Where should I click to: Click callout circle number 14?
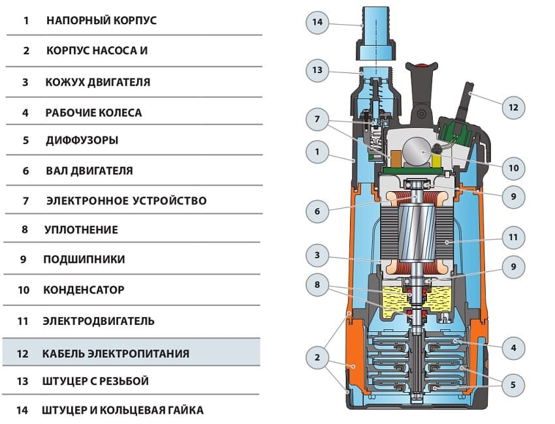coord(317,22)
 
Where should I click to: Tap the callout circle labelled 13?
coord(317,70)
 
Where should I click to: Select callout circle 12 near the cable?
coord(513,107)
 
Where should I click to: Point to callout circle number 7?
coord(317,119)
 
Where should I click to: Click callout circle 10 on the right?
coord(513,168)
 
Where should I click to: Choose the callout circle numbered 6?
coord(317,211)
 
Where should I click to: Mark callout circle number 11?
coord(513,238)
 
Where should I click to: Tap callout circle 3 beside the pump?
coord(317,256)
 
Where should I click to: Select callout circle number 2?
coord(317,357)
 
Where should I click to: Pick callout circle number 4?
coord(513,349)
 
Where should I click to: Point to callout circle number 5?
coord(513,386)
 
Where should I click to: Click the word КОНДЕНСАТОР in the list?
coord(84,289)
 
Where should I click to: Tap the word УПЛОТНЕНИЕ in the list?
coord(81,230)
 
